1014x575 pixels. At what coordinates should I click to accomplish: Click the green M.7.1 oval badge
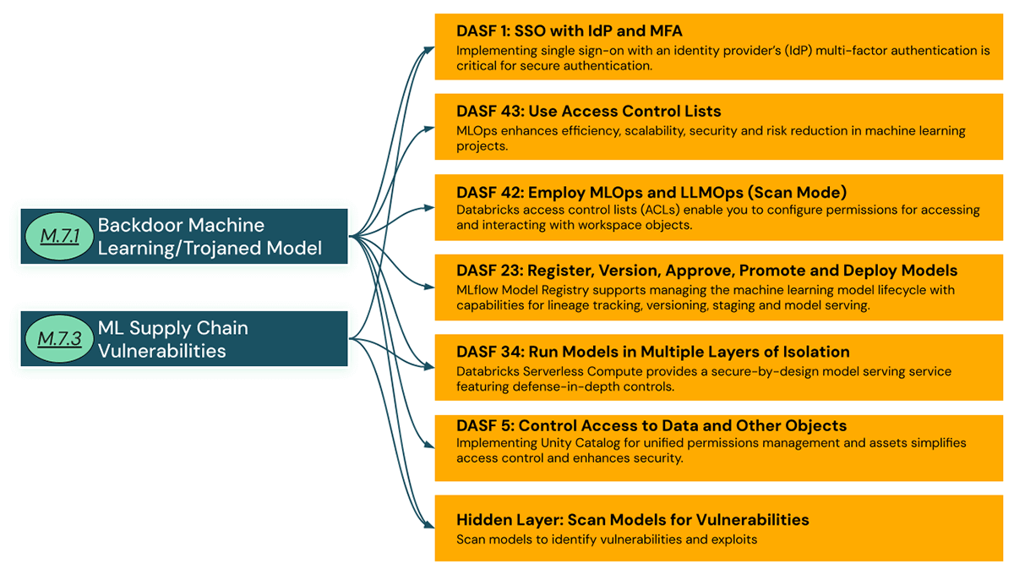(x=58, y=237)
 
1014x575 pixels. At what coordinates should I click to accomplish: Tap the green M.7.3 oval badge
(x=59, y=339)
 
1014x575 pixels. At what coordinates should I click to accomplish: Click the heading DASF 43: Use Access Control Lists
(x=588, y=111)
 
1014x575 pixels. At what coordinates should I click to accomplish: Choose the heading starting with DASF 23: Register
(x=706, y=271)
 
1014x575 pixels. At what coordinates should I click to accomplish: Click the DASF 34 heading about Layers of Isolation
(x=652, y=351)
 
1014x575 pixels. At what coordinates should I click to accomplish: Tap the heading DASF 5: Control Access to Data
(x=651, y=425)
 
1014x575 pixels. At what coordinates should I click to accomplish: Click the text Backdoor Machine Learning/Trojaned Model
(x=210, y=237)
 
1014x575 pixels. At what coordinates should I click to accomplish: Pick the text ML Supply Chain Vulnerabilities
(x=172, y=339)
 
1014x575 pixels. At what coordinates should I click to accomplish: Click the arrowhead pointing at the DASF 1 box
(x=430, y=48)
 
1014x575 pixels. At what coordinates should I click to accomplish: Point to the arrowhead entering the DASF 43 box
(x=430, y=128)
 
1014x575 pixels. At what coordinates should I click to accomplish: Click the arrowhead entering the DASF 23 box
(x=430, y=287)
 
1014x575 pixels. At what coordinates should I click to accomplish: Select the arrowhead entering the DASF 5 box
(x=430, y=446)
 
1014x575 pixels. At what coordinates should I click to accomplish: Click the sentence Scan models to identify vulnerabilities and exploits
(x=606, y=539)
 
